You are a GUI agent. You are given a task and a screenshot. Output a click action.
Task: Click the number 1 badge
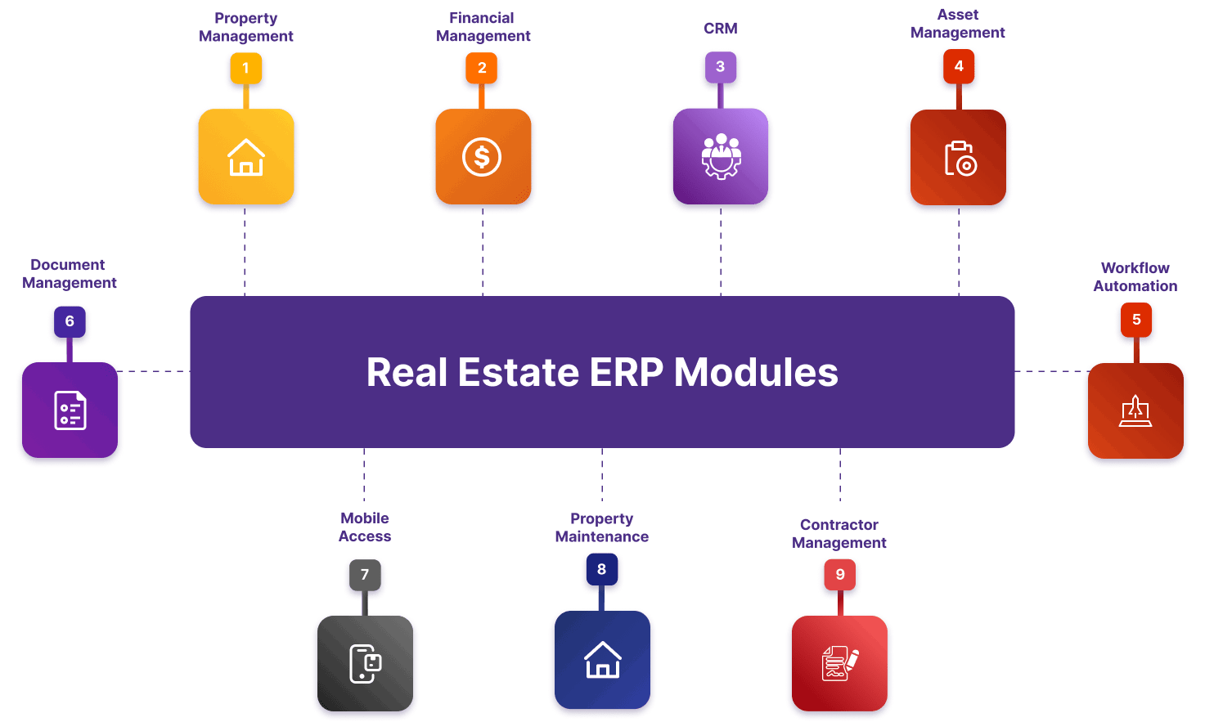245,69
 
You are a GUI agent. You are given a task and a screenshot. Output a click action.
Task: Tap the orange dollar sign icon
482,156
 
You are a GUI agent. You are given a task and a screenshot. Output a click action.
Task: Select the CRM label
720,29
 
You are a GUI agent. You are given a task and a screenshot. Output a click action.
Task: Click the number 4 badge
959,66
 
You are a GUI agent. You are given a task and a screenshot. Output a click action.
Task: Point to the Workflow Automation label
1135,277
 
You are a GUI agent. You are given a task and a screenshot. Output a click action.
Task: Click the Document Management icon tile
70,410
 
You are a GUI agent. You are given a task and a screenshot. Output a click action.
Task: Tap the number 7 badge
365,575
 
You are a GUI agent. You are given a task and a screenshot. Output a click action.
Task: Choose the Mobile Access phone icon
365,663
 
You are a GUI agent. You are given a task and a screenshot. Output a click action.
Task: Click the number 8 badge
601,569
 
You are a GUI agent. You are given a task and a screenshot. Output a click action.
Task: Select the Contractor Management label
839,534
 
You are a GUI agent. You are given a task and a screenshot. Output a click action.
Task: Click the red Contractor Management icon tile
839,663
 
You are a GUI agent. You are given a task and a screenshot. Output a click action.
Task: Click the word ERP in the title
626,373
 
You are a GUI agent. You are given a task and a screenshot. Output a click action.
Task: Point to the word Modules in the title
756,373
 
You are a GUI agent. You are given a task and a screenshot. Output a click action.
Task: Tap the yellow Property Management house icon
245,156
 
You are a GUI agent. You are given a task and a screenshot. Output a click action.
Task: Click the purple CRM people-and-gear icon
721,156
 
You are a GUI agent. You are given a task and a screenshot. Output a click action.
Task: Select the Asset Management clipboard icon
959,158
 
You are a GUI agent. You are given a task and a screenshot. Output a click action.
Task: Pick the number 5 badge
1135,320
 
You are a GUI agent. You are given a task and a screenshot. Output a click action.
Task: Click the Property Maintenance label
601,528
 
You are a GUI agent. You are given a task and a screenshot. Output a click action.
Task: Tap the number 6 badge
70,321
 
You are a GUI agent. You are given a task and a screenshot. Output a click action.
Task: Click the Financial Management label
483,27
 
